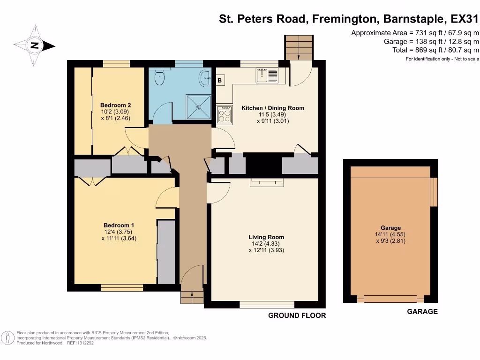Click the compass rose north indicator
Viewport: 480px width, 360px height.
(x=35, y=45)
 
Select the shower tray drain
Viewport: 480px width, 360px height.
(x=199, y=107)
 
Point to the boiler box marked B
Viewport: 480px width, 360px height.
(x=220, y=80)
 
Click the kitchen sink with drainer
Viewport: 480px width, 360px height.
(x=267, y=75)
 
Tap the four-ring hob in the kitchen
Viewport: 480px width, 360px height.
(x=225, y=115)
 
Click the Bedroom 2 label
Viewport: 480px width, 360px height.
(x=115, y=105)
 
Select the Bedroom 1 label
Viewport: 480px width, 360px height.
(x=119, y=225)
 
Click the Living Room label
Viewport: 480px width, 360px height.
(x=266, y=237)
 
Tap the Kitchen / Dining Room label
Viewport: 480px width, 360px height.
(x=273, y=108)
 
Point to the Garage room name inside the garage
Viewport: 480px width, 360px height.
(x=390, y=228)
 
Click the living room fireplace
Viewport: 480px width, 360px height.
(x=267, y=182)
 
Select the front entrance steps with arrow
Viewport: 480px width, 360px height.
(x=192, y=297)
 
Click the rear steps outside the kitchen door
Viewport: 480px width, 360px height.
(x=299, y=48)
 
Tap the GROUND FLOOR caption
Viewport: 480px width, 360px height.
(x=297, y=315)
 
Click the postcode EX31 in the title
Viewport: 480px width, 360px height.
(x=465, y=19)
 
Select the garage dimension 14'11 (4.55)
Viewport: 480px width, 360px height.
(x=390, y=234)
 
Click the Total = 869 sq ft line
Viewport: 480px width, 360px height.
(x=435, y=50)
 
